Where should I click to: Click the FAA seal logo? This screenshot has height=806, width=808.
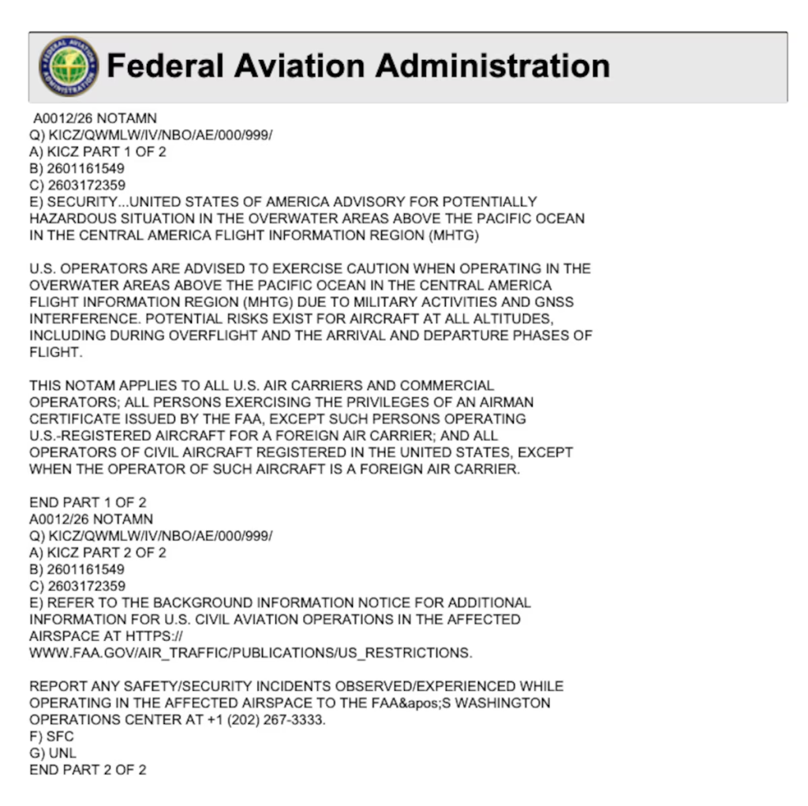click(x=69, y=66)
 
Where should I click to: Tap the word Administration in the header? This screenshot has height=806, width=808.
click(x=492, y=66)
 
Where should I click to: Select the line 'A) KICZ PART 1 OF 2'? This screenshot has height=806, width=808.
click(x=98, y=152)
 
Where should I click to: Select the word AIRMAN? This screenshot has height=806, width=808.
click(x=502, y=403)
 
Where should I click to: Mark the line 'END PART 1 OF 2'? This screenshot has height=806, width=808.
click(x=88, y=502)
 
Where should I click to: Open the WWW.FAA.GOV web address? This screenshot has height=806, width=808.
click(x=251, y=653)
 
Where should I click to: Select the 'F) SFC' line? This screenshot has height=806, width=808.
click(x=51, y=737)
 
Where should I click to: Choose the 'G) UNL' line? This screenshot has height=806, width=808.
click(x=53, y=753)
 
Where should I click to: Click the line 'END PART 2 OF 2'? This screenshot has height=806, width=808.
click(x=88, y=770)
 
